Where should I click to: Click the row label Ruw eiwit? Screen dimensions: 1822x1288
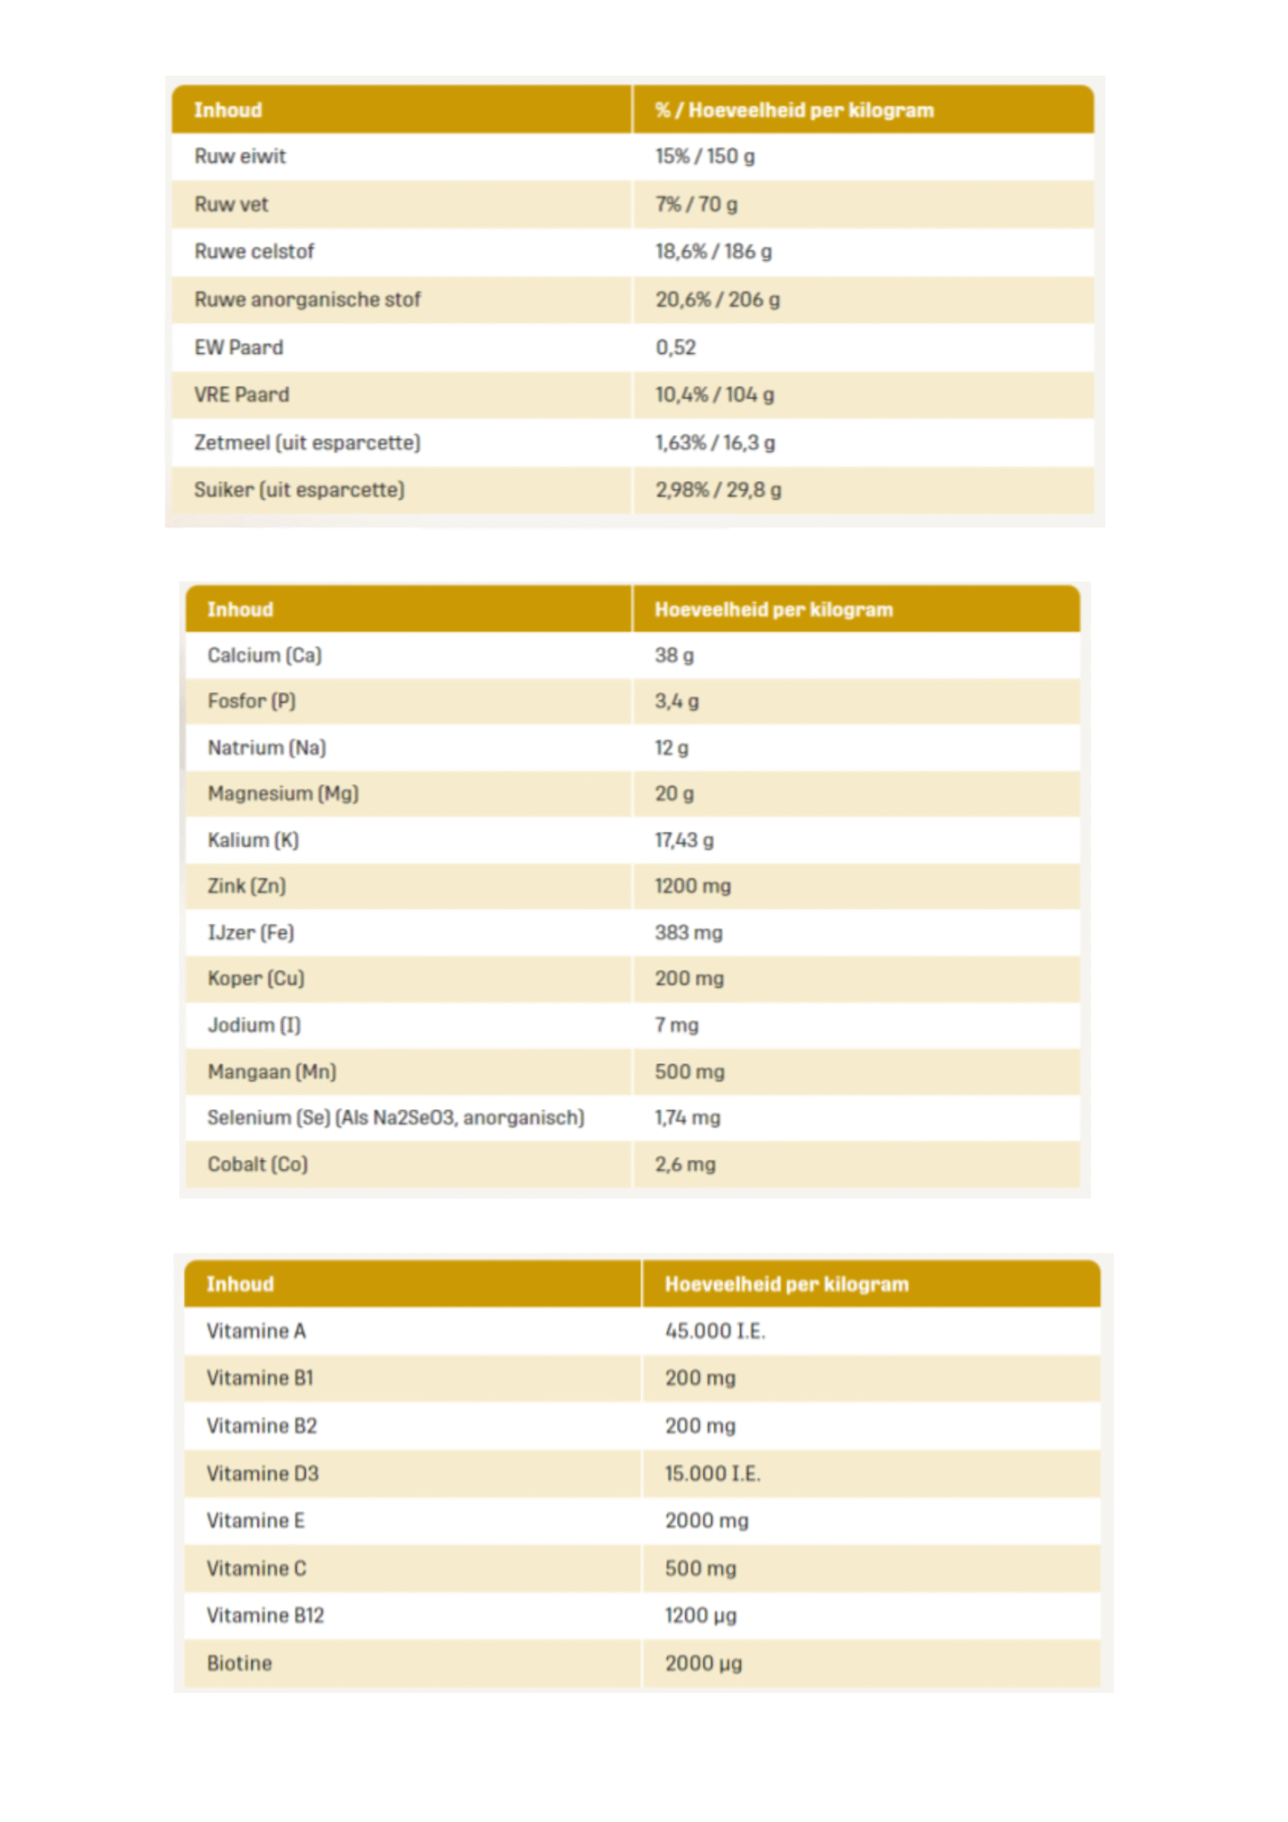coord(240,157)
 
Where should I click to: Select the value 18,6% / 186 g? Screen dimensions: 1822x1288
coord(713,252)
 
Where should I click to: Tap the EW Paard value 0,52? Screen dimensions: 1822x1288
coord(676,348)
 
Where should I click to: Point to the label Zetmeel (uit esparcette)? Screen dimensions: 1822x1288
coord(307,442)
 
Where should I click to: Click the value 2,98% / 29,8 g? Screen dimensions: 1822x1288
coord(718,490)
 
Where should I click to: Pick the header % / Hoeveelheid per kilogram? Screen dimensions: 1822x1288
coord(794,110)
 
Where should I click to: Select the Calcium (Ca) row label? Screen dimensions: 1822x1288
coord(264,656)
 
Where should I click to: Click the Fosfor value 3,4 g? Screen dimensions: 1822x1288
coord(677,702)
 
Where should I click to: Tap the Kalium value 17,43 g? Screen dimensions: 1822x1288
coord(684,841)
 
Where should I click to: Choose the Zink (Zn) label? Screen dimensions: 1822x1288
coord(246,886)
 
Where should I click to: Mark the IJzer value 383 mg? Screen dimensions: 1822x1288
coord(688,933)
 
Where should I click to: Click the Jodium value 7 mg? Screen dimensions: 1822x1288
coord(677,1026)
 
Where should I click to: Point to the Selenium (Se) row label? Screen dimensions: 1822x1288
coord(395,1118)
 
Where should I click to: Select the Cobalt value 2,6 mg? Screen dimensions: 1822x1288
coord(685,1165)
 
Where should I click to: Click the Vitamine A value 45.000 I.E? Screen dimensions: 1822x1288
coord(715,1331)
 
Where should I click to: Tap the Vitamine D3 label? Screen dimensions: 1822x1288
coord(262,1474)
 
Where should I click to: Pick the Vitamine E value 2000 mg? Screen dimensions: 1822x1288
coord(706,1521)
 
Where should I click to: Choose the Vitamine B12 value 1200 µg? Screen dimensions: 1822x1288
coord(701,1616)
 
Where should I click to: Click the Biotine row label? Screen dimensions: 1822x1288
coord(239,1664)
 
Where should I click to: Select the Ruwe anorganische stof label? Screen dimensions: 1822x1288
coord(307,300)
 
